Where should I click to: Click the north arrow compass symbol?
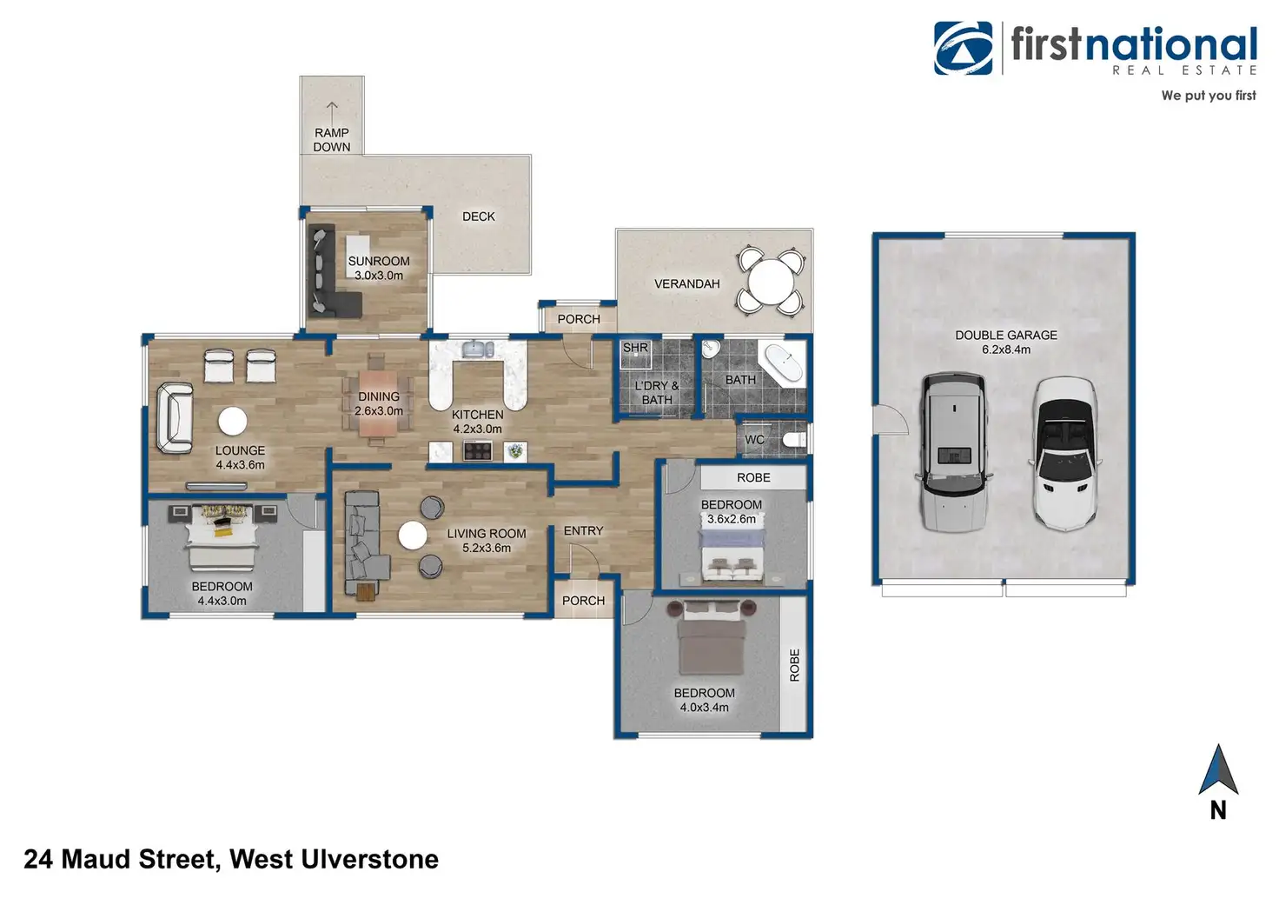tap(1217, 771)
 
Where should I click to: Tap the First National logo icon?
tap(964, 48)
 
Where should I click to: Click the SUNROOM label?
tap(379, 261)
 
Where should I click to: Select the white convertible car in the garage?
tap(1064, 452)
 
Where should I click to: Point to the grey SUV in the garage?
tap(953, 450)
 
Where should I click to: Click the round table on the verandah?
tap(771, 281)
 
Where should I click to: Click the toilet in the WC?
tap(795, 440)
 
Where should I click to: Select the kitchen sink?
tap(477, 349)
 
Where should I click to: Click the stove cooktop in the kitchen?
tap(477, 451)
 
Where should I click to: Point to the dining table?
tap(377, 399)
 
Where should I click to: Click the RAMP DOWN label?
tap(332, 139)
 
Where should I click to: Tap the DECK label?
tap(478, 216)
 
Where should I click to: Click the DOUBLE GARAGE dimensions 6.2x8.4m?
tap(1006, 349)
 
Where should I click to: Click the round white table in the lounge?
tap(232, 421)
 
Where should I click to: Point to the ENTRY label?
tap(583, 530)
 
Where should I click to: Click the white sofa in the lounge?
tap(175, 418)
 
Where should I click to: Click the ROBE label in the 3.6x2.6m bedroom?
tap(753, 477)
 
